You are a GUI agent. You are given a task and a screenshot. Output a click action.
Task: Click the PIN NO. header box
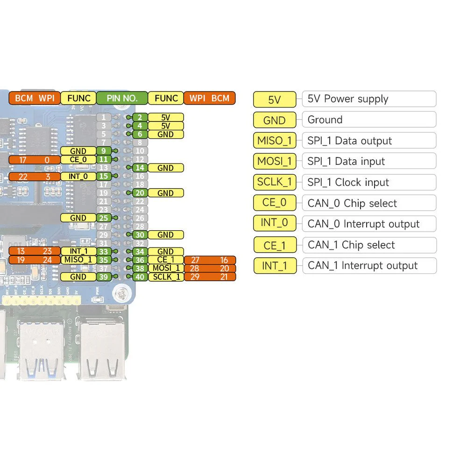[122, 98]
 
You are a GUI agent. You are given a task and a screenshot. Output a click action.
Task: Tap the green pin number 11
[104, 159]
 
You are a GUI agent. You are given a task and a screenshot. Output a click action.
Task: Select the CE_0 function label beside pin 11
[78, 159]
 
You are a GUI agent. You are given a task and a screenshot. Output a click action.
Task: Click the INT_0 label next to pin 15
[78, 176]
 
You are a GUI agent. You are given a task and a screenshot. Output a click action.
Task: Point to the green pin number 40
[139, 276]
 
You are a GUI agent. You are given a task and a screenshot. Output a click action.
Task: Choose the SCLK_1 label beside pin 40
[165, 276]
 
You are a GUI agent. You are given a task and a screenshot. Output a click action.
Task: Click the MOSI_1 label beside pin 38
[165, 268]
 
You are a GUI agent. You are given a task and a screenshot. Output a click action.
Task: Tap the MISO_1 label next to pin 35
[78, 260]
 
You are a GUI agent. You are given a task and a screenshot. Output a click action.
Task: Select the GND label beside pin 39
[78, 276]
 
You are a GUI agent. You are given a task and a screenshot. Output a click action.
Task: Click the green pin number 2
[139, 117]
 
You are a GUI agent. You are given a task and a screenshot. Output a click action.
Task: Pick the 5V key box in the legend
[275, 99]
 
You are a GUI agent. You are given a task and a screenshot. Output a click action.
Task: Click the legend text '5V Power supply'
[348, 99]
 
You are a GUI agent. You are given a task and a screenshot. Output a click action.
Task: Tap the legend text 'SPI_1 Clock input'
[348, 182]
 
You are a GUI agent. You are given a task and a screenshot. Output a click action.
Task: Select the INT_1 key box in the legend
[275, 266]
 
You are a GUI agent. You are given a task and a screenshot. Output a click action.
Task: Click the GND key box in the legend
[275, 120]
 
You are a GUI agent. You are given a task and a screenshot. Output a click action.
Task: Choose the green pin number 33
[104, 251]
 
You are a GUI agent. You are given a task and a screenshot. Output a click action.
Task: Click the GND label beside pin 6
[165, 134]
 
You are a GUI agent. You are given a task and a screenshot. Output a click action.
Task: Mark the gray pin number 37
[104, 268]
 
